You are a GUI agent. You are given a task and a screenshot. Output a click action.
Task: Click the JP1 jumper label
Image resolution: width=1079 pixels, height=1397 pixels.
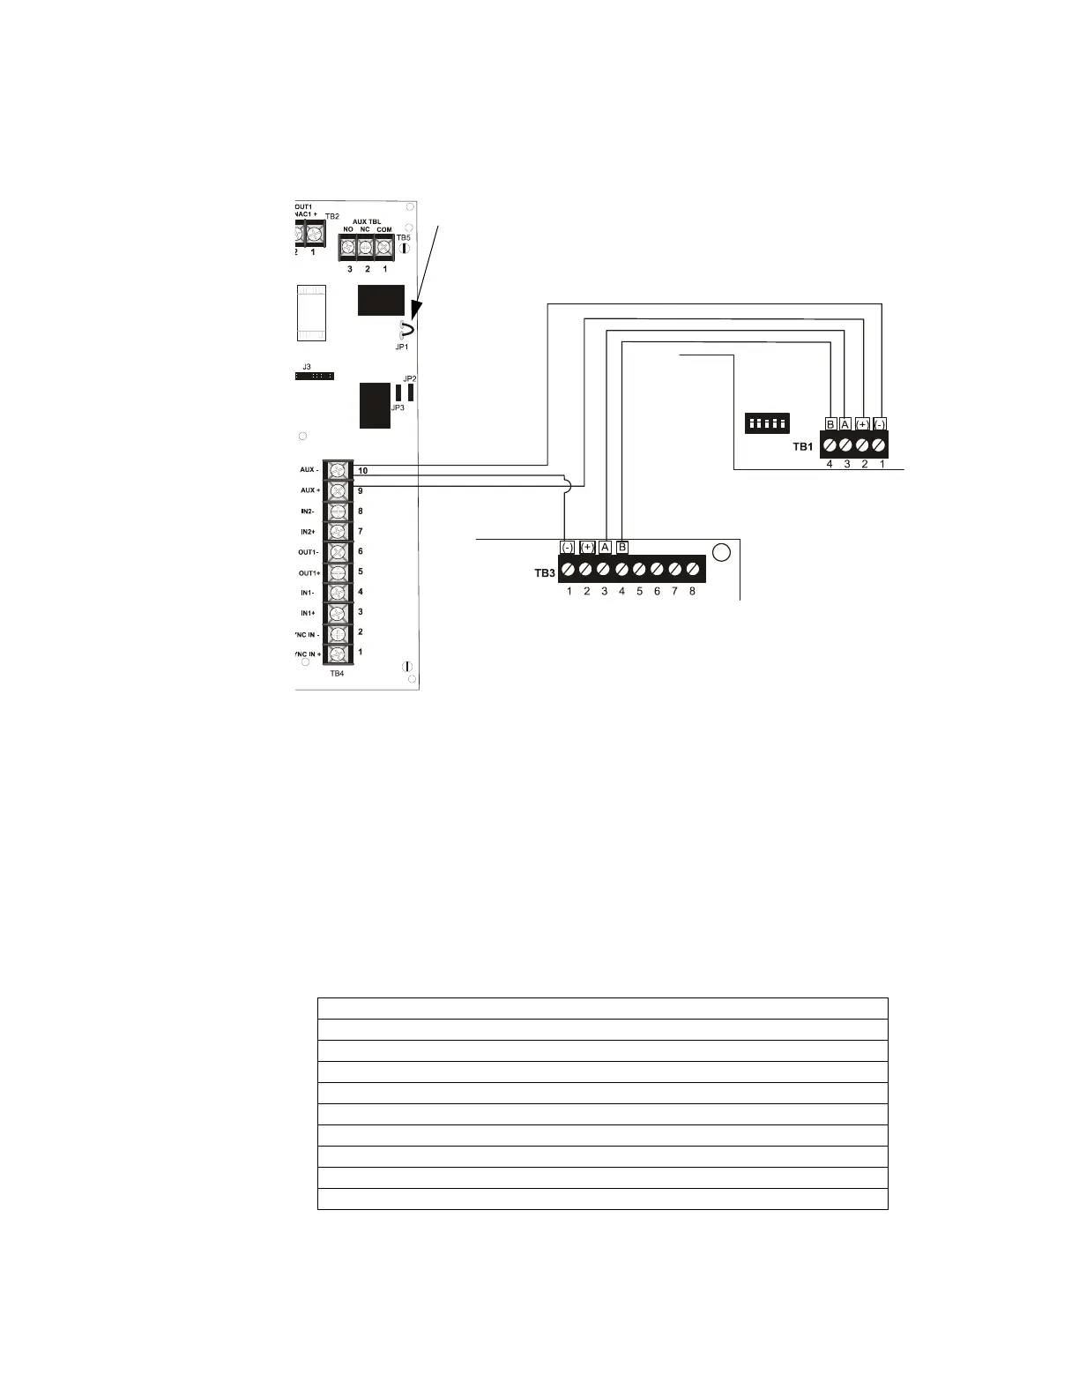pyautogui.click(x=401, y=347)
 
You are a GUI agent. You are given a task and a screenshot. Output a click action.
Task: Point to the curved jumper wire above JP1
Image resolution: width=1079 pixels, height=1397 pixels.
pyautogui.click(x=406, y=331)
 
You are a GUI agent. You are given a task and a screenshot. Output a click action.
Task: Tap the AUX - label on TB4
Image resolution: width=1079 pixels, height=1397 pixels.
pyautogui.click(x=309, y=470)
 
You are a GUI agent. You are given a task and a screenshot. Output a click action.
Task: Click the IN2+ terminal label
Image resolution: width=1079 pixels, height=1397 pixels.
pyautogui.click(x=308, y=532)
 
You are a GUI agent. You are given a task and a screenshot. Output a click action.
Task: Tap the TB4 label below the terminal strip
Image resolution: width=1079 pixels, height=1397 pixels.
pyautogui.click(x=337, y=673)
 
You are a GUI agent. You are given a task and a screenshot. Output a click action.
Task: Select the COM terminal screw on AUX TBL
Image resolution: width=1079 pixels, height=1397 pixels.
pyautogui.click(x=383, y=248)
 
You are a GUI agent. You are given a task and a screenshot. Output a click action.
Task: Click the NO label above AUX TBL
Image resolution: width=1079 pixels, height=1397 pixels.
pyautogui.click(x=348, y=230)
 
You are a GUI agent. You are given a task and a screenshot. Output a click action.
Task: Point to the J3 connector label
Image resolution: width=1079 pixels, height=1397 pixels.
pyautogui.click(x=307, y=366)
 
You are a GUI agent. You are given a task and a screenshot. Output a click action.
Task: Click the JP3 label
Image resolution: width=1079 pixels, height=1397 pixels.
pyautogui.click(x=398, y=408)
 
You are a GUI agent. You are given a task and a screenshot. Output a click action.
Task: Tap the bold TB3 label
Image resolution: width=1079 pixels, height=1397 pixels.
pyautogui.click(x=545, y=573)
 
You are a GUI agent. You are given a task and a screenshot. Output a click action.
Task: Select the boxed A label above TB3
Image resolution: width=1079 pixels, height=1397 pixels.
pyautogui.click(x=605, y=547)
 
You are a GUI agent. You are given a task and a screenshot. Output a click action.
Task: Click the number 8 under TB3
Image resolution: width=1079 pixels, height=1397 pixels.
pyautogui.click(x=692, y=592)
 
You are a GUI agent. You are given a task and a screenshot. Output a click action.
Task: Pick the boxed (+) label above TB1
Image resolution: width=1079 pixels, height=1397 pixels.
pyautogui.click(x=862, y=423)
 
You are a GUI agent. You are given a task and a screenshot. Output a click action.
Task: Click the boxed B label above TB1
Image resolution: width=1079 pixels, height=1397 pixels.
pyautogui.click(x=830, y=423)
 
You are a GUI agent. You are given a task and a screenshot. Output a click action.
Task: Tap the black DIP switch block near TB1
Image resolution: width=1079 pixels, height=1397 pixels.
pyautogui.click(x=766, y=422)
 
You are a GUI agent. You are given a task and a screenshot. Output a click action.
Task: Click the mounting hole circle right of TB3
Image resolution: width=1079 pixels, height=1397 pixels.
pyautogui.click(x=721, y=553)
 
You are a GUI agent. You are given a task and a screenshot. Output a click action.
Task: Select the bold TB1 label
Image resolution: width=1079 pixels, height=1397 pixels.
pyautogui.click(x=802, y=447)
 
